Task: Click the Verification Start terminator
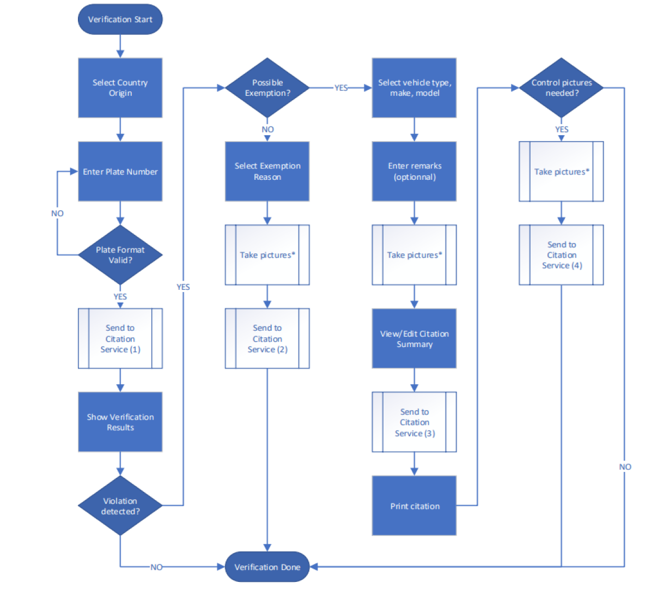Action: [x=120, y=20]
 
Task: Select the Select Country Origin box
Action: [x=120, y=88]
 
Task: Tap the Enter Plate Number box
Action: [x=120, y=172]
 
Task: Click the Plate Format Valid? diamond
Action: [x=120, y=255]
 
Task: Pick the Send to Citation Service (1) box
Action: [x=120, y=338]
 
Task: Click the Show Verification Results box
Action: [x=120, y=422]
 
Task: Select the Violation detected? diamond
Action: [x=120, y=506]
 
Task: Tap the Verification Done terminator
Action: [x=267, y=567]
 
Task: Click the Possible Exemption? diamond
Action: [x=267, y=88]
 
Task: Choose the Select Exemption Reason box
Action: [x=267, y=172]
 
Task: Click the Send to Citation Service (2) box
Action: [x=267, y=338]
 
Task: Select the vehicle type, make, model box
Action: [x=414, y=88]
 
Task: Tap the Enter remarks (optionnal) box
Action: [x=414, y=172]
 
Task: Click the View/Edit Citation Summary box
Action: [x=414, y=339]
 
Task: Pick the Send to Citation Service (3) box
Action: [x=414, y=422]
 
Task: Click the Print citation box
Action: [x=414, y=506]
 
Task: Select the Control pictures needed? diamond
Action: [x=561, y=88]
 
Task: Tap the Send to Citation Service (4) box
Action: [x=561, y=255]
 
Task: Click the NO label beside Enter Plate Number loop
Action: [x=57, y=214]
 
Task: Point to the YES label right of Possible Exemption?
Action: [x=340, y=88]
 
